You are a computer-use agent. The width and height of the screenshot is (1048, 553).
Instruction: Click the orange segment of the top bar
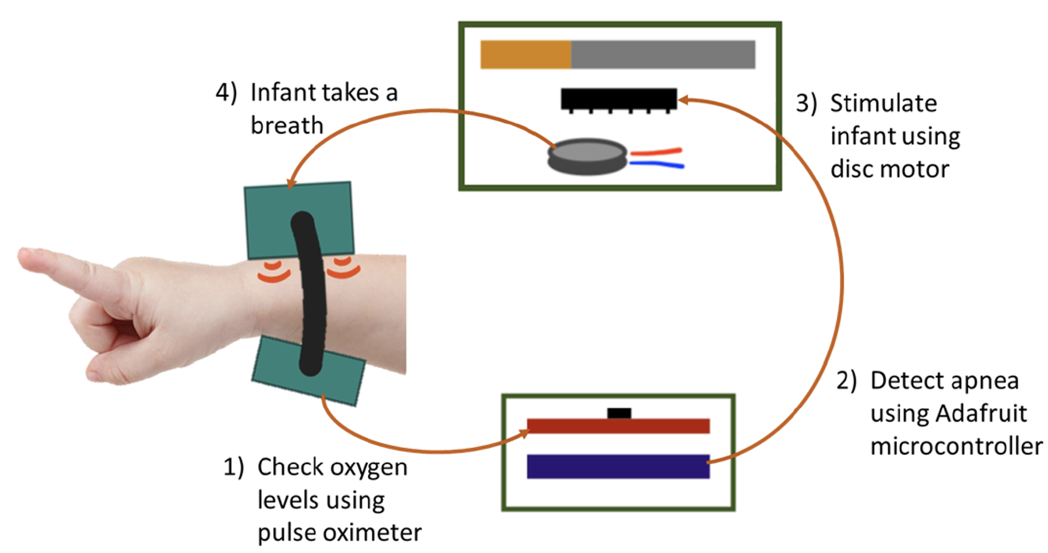525,55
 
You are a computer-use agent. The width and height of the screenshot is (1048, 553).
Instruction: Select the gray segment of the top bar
663,55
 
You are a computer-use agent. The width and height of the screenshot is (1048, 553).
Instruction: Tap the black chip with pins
618,98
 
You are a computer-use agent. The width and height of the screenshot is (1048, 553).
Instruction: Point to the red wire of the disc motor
656,152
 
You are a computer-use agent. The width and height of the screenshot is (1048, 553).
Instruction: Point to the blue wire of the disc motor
657,165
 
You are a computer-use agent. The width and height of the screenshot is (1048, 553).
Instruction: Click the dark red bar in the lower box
618,426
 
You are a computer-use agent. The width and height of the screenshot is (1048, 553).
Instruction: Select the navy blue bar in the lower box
618,466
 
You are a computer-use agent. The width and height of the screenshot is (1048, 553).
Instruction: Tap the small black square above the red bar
619,413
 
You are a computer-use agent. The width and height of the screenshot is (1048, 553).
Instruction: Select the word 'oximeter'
372,533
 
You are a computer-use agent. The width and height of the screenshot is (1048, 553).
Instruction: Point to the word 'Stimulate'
883,103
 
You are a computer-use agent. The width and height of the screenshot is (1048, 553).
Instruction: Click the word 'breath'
287,125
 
